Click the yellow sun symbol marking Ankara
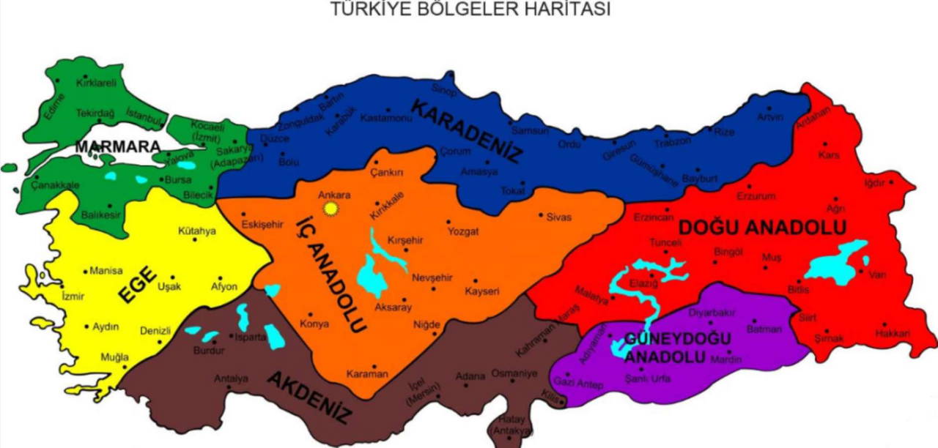coord(330,209)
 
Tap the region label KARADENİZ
coord(467,130)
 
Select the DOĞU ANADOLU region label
coord(762,228)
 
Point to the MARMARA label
coord(117,146)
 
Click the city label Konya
coord(314,324)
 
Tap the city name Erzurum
coord(756,196)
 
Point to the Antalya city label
coord(231,378)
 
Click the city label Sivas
coord(558,217)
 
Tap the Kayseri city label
coord(481,291)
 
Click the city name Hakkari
coord(892,334)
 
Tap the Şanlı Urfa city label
coord(648,378)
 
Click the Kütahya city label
coord(197,231)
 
